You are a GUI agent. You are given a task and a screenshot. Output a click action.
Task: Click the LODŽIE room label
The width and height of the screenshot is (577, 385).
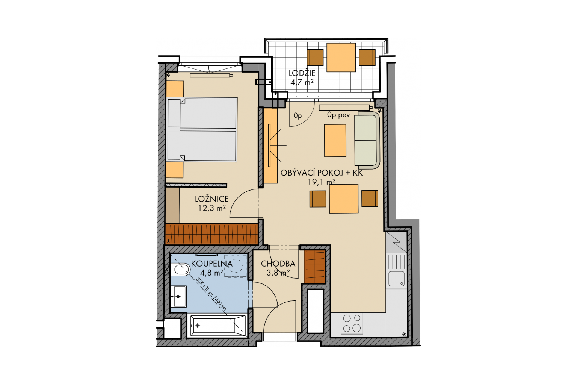(x=302, y=73)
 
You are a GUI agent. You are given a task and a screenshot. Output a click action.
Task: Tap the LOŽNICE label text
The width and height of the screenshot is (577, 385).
(x=212, y=199)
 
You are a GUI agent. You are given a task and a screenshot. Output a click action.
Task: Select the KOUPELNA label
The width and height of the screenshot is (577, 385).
(x=212, y=264)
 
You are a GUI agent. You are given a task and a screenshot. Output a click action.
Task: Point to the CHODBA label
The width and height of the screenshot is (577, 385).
(x=278, y=264)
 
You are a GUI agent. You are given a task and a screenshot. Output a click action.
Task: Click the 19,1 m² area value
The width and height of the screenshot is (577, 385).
(x=322, y=182)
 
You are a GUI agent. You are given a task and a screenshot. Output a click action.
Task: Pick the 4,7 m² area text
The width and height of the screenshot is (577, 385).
(x=302, y=82)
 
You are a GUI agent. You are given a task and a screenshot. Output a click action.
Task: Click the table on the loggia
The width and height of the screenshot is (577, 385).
(x=341, y=57)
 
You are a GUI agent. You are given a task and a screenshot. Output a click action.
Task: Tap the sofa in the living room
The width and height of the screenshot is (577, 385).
(x=367, y=140)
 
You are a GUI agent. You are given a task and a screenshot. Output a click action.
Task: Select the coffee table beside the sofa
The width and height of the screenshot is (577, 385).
(x=335, y=141)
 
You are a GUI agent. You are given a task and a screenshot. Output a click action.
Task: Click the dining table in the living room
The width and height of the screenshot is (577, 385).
(x=344, y=199)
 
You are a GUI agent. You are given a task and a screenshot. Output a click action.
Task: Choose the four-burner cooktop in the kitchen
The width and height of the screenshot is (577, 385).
(x=352, y=323)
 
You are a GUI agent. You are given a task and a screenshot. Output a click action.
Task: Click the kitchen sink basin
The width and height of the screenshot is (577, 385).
(x=396, y=279)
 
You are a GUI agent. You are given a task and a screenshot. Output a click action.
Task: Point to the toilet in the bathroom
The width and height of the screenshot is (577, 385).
(x=180, y=270)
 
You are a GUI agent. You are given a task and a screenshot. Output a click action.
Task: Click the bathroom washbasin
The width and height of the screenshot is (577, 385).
(x=178, y=297)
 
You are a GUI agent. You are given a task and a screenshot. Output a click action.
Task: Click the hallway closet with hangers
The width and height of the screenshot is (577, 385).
(x=315, y=267)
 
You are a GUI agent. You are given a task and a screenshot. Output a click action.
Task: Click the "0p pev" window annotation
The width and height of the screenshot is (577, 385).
(x=338, y=115)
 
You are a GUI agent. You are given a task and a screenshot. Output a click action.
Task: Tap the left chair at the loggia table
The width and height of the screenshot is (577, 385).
(x=315, y=57)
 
